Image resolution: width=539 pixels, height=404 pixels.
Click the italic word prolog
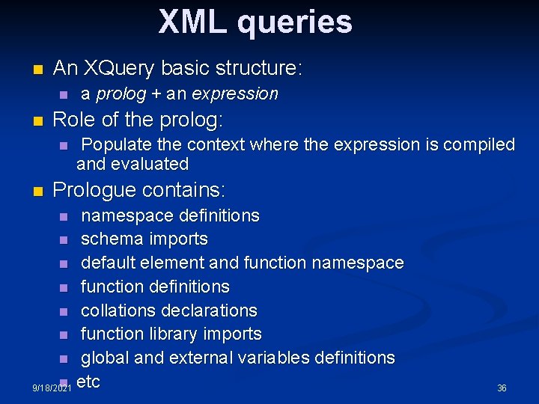116,94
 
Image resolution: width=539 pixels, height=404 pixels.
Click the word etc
89,382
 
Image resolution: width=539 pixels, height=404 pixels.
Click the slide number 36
502,388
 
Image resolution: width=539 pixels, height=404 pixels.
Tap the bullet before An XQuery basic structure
38,70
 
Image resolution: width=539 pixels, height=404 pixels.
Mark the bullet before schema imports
64,240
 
